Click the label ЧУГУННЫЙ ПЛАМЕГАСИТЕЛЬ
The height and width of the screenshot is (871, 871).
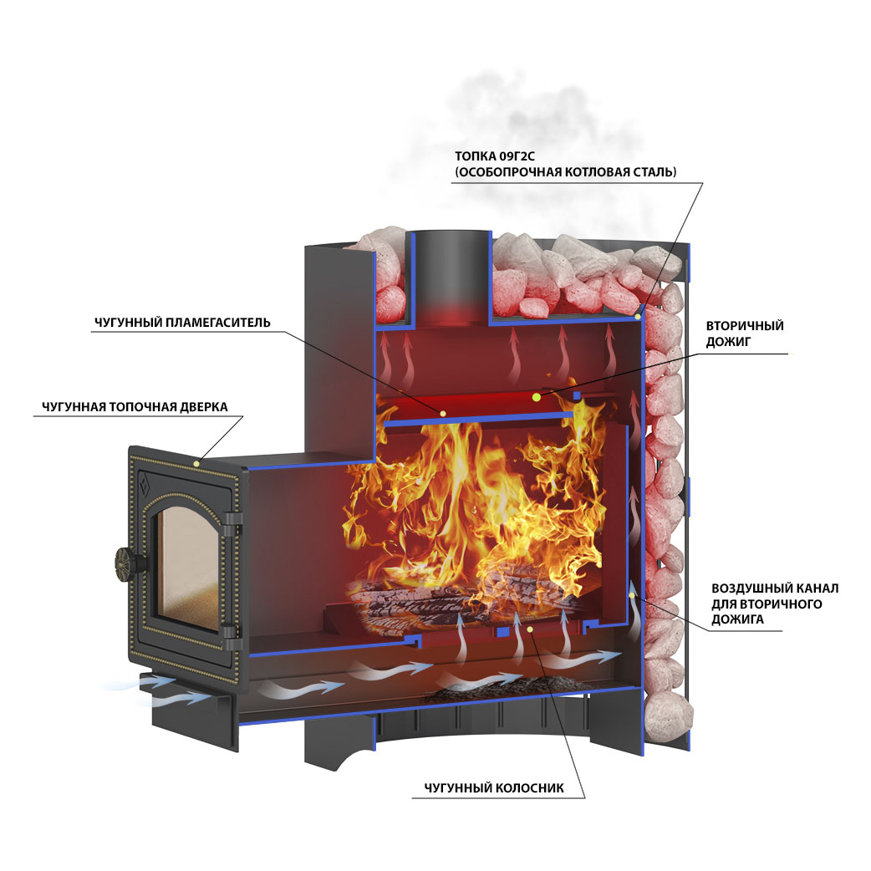182,323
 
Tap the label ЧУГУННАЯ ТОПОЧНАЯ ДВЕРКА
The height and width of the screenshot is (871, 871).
135,407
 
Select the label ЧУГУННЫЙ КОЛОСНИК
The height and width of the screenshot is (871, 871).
494,788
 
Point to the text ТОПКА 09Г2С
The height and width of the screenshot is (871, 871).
494,156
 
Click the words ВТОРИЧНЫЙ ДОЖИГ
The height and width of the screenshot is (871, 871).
744,334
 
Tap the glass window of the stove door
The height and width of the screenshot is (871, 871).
186,567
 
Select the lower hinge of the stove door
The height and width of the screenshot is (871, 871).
232,637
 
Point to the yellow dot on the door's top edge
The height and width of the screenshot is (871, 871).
196,463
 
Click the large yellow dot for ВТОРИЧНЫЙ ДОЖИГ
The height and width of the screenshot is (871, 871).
536,396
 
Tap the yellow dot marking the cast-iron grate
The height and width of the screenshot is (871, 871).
530,629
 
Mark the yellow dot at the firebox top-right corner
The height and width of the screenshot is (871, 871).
638,317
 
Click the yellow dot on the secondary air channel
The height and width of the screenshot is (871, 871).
632,595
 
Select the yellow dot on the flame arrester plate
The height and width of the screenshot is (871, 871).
443,413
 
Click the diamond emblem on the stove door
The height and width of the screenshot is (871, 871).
146,482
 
